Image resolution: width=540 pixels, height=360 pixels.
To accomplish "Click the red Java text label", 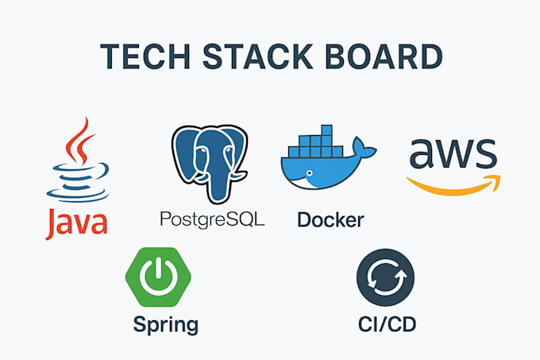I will tap(77, 223).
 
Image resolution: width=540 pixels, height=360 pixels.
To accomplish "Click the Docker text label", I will tap(330, 219).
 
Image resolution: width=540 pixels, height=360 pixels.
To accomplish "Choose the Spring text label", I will tap(165, 324).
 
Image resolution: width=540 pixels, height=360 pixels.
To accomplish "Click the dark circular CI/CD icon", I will tap(386, 277).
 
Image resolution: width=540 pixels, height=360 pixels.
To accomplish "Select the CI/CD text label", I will tap(387, 324).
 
